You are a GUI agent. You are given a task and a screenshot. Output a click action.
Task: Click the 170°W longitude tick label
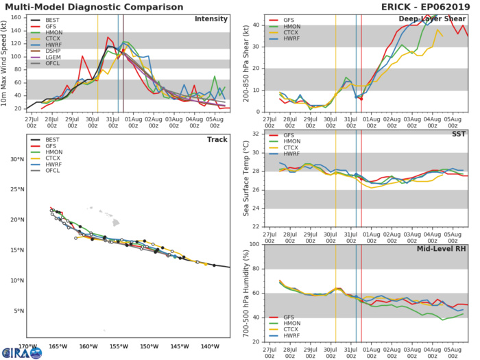point(27,346)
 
